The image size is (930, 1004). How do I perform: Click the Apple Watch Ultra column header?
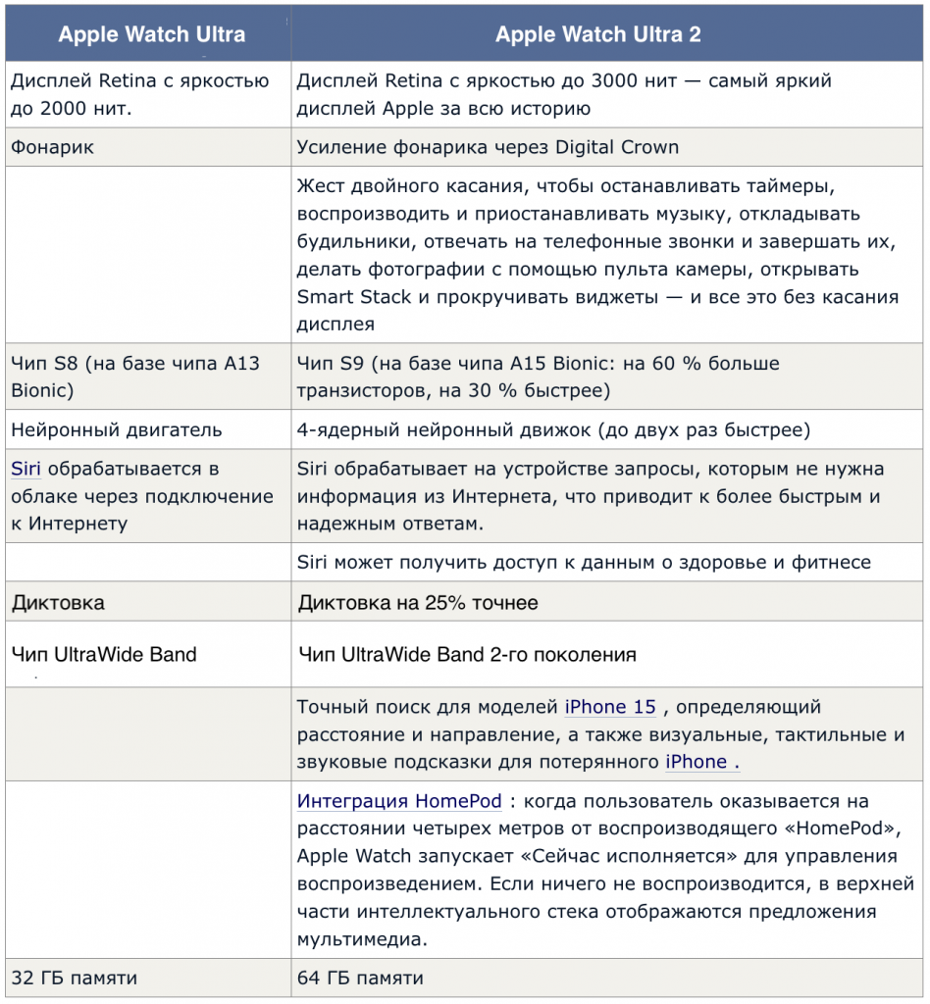[x=151, y=35]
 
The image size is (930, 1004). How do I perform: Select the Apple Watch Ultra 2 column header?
[x=598, y=35]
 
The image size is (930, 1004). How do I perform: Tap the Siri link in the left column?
[x=26, y=469]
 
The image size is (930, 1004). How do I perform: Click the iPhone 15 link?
[x=609, y=707]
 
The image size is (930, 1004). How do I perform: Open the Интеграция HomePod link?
[x=399, y=801]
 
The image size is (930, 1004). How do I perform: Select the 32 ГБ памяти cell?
[x=75, y=978]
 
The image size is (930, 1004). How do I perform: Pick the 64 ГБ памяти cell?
[x=361, y=978]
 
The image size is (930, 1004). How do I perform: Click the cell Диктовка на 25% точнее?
[x=418, y=602]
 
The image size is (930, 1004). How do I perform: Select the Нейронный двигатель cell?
[x=117, y=429]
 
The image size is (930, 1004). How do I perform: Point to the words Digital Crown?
[x=617, y=148]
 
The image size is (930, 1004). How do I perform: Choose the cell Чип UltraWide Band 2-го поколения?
[x=467, y=654]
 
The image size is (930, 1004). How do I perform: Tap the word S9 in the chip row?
[x=350, y=364]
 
